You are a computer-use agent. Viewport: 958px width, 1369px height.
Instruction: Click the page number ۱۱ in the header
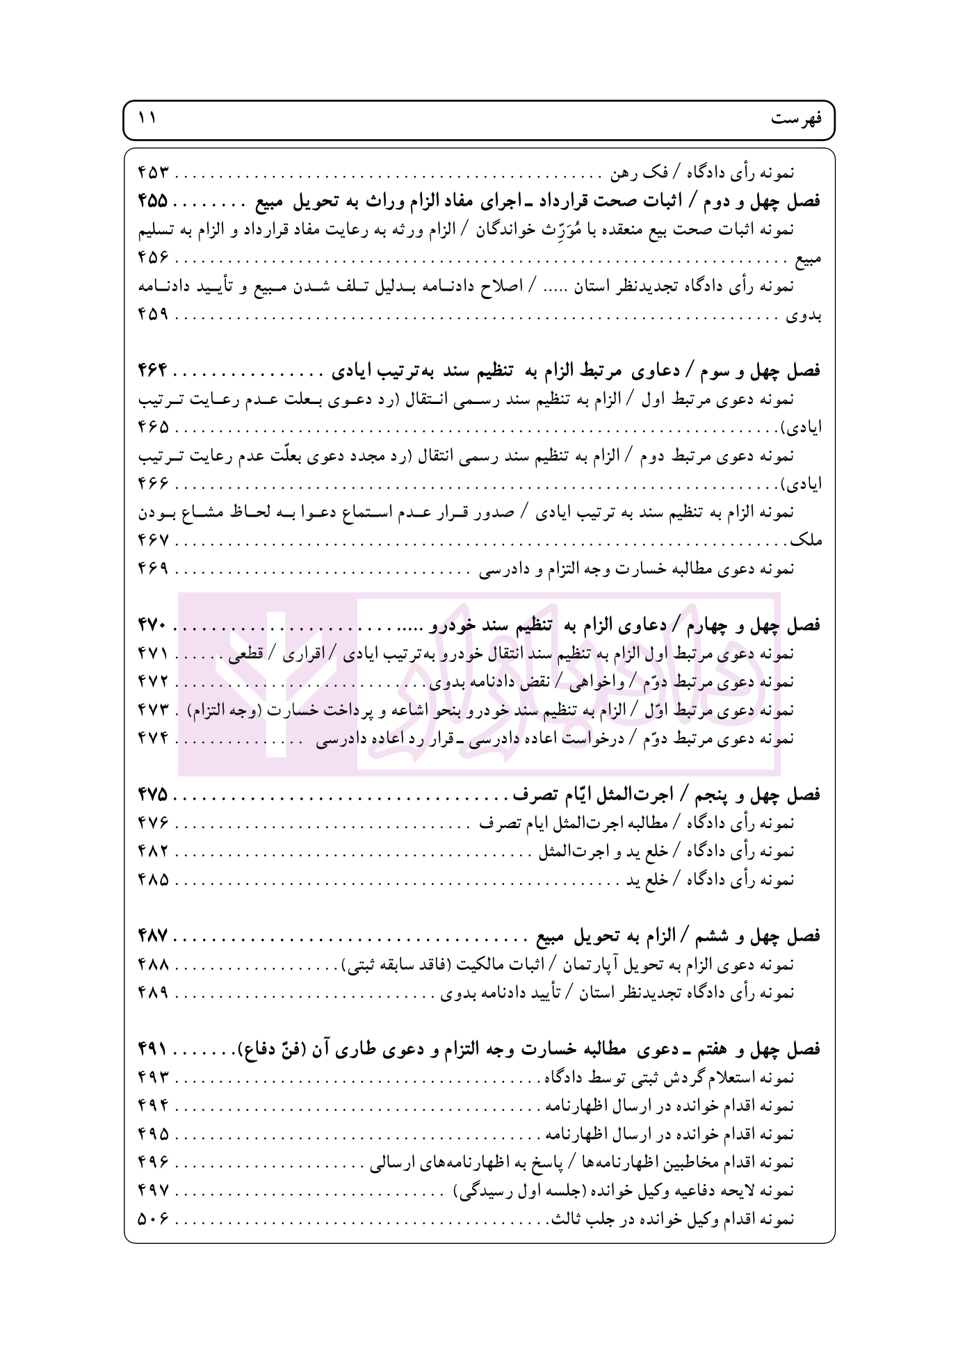(147, 118)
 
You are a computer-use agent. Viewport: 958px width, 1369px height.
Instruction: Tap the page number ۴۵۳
(153, 172)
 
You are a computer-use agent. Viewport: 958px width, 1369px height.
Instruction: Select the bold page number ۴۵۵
(153, 201)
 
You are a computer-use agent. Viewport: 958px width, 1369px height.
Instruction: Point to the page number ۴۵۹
(153, 314)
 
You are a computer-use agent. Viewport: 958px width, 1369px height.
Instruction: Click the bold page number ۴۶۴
(153, 371)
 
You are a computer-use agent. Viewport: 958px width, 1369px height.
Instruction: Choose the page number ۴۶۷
(153, 540)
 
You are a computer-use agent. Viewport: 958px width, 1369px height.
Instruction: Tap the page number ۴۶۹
(153, 568)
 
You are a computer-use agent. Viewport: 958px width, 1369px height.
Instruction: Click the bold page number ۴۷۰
(153, 625)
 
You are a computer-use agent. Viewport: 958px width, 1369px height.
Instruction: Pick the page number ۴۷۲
(153, 682)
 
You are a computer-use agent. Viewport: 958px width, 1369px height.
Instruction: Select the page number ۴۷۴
(153, 738)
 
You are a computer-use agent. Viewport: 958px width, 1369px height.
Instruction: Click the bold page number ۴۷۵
(153, 795)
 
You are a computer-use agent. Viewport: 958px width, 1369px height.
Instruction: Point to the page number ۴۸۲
(153, 852)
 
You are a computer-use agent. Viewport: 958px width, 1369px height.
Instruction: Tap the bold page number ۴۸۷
(153, 937)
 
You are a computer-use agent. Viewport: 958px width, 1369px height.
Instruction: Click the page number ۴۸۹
(153, 993)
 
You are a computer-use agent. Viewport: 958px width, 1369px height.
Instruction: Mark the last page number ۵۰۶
(153, 1219)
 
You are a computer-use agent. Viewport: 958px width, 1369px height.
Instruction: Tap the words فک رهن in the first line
(649, 172)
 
